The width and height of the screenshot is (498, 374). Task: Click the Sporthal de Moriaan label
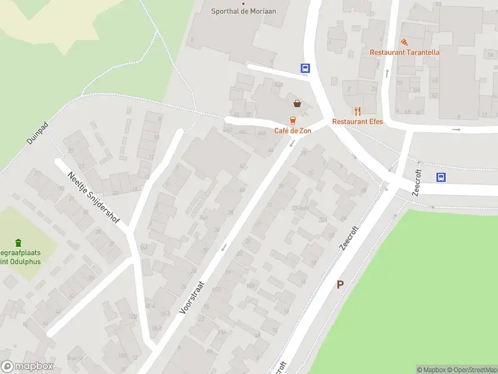[x=243, y=11]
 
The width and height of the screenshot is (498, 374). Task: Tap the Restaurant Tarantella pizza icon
[x=404, y=42]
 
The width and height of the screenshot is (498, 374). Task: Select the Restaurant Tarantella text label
[x=405, y=52]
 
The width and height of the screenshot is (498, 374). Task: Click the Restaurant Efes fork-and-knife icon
[x=357, y=111]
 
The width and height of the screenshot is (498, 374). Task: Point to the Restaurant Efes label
[x=357, y=122]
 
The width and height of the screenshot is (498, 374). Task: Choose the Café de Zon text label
[x=293, y=131]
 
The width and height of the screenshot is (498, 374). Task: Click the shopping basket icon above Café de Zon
[x=298, y=103]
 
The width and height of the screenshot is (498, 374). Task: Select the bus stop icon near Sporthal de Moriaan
[x=306, y=68]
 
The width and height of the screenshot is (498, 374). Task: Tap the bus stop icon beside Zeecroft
[x=441, y=177]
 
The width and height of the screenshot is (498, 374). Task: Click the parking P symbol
[x=340, y=284]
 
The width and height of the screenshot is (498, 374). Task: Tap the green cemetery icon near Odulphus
[x=18, y=242]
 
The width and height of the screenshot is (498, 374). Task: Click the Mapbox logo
[x=28, y=367]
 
